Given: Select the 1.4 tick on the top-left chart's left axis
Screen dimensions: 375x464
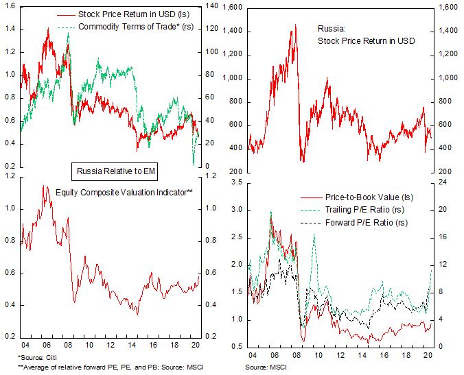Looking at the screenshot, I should tap(10, 29).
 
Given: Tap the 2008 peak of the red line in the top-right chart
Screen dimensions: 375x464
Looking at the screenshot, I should tap(295, 25).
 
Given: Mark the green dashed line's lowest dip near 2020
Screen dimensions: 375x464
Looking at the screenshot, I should tap(194, 164).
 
